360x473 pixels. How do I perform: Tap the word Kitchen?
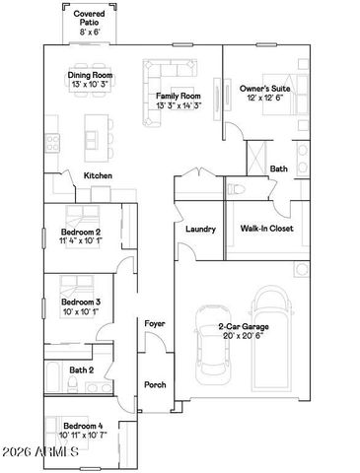coord(98,175)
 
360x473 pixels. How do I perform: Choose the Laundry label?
coord(200,229)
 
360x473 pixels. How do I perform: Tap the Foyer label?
coord(155,323)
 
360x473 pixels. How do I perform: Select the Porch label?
coord(155,384)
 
